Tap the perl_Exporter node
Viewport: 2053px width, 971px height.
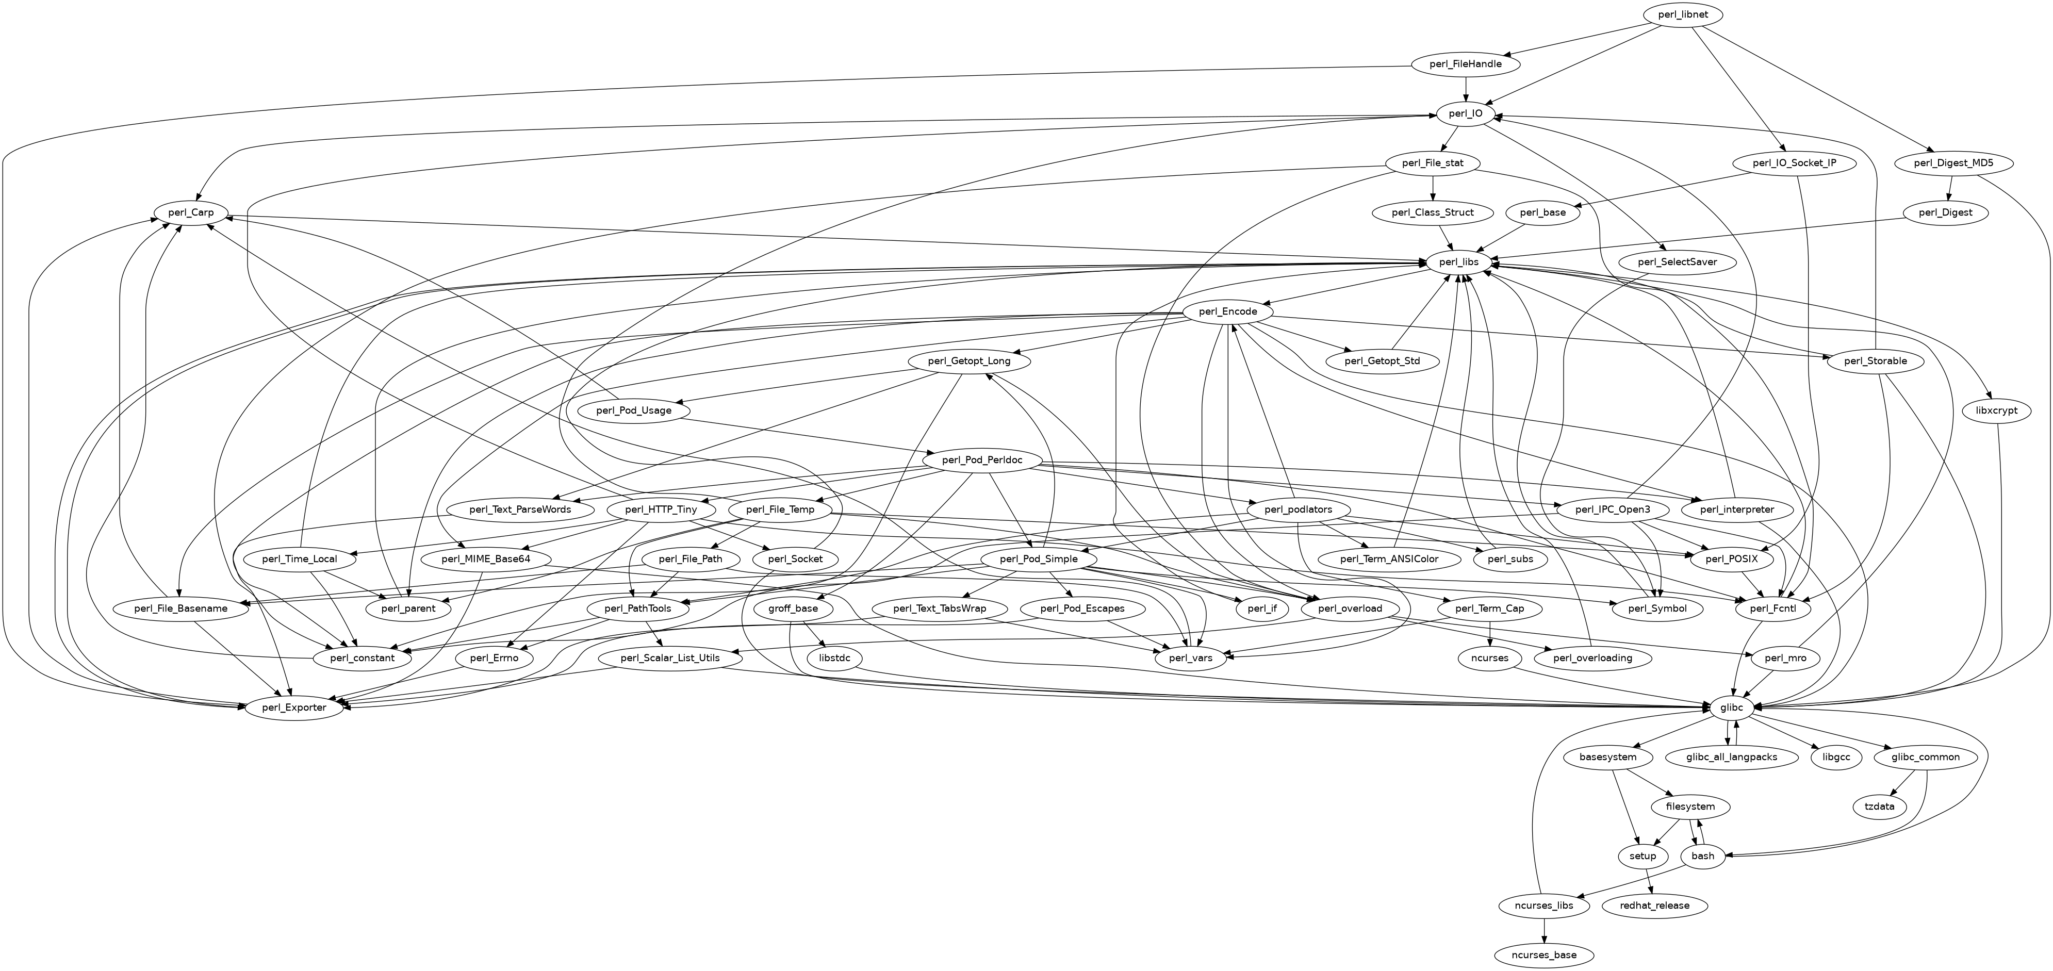(x=295, y=707)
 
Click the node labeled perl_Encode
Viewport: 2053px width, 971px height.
(x=1227, y=311)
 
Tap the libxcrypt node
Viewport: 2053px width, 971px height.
(x=2001, y=410)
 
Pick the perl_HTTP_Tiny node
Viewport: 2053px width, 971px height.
(x=663, y=509)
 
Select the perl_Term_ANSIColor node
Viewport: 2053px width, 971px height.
(x=1389, y=559)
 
